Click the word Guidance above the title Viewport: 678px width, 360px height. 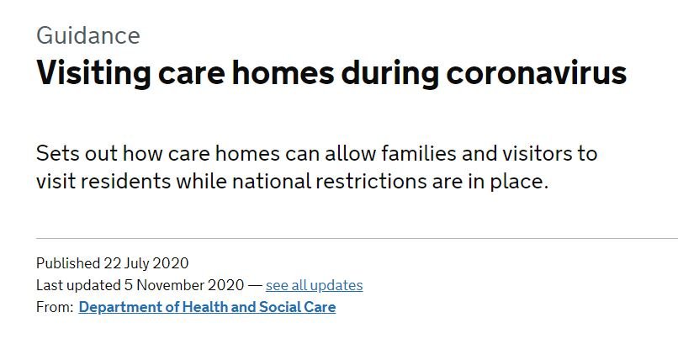(x=88, y=35)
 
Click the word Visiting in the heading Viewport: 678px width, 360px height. (x=93, y=73)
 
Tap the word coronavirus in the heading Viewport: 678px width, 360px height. (x=536, y=72)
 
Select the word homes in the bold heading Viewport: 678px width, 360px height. (x=283, y=72)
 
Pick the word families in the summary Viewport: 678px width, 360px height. (x=419, y=153)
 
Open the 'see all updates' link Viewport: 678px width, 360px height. (x=315, y=285)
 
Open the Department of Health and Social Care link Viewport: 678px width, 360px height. (x=207, y=307)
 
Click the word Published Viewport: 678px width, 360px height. (x=68, y=263)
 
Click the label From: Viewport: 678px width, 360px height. (x=55, y=307)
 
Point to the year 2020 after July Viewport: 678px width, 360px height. (x=171, y=263)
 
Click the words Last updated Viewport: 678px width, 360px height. (x=79, y=285)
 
